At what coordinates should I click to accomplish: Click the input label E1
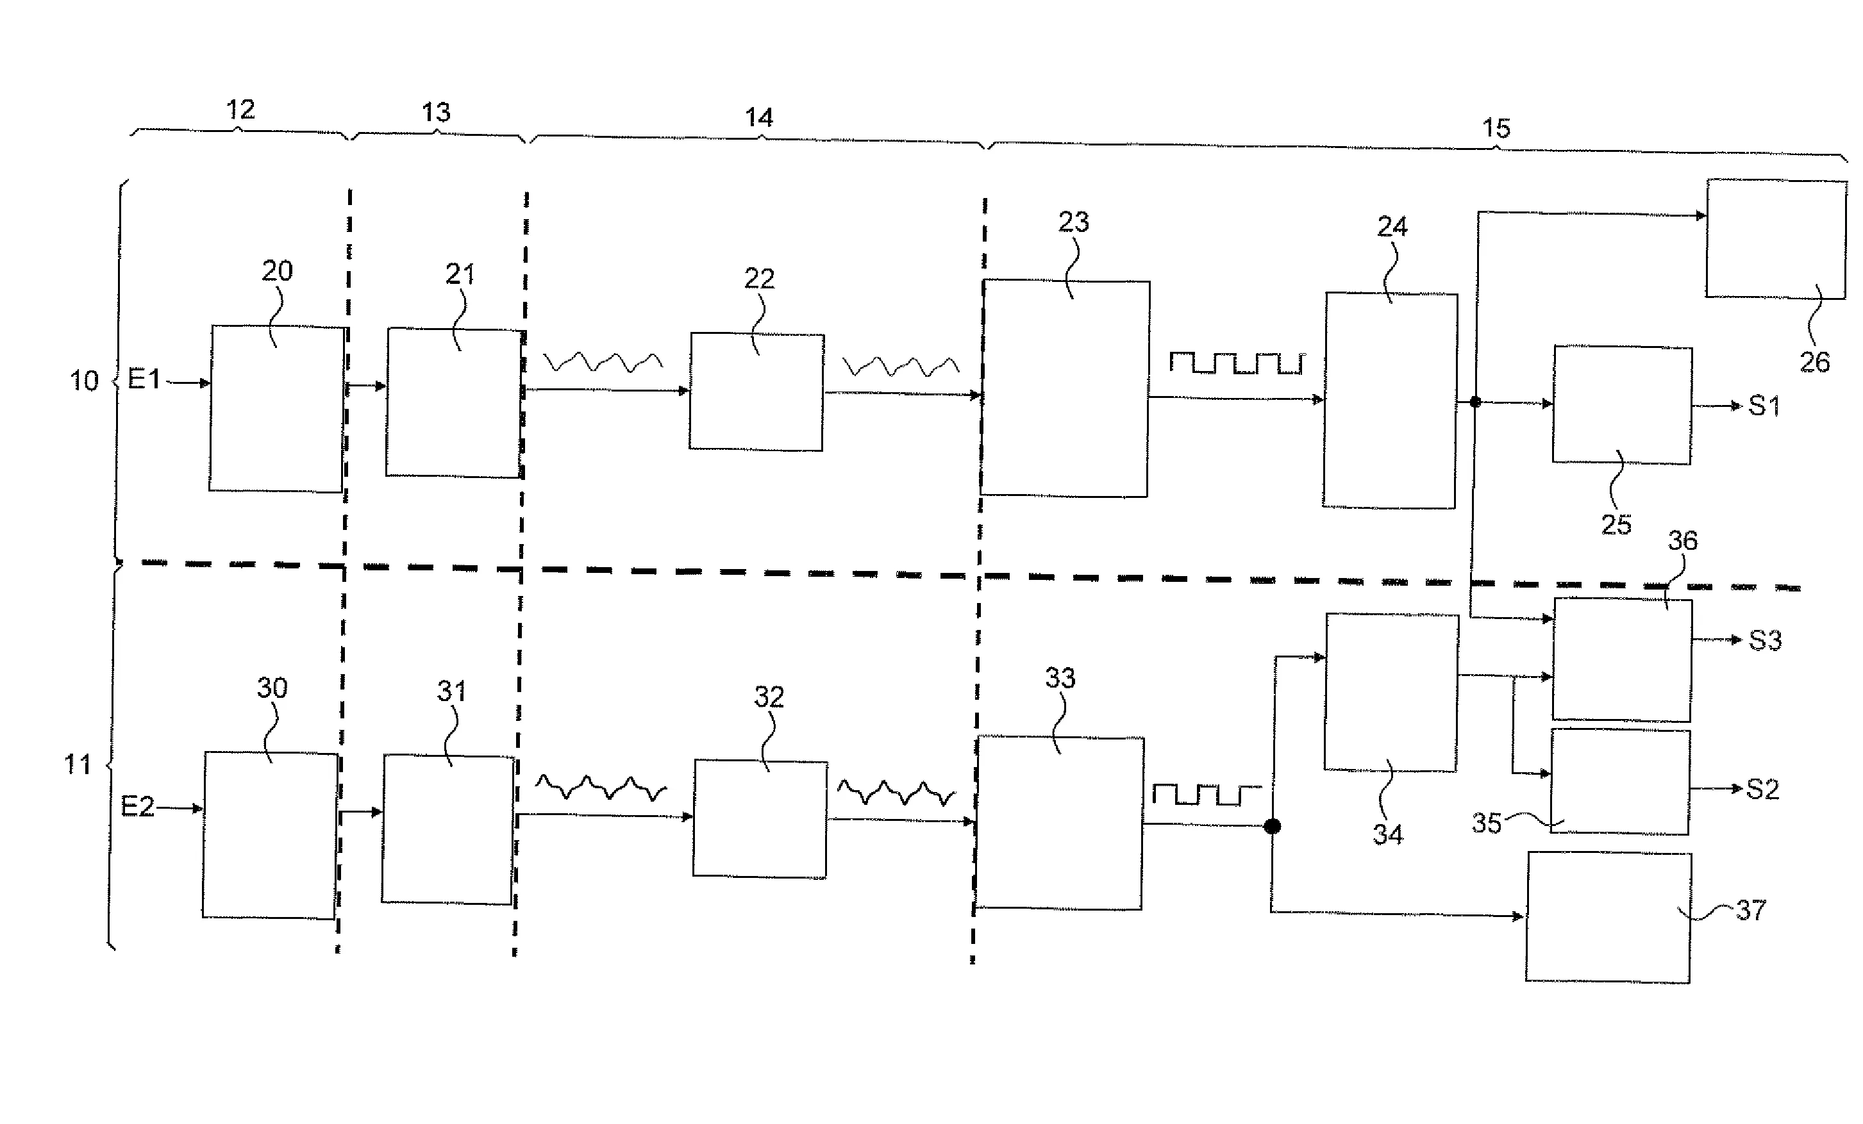(x=144, y=379)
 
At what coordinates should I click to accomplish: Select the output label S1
(x=1764, y=407)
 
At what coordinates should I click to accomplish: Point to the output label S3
(x=1765, y=641)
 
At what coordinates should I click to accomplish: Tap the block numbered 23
(x=1065, y=388)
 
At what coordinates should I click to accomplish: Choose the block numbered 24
(x=1391, y=401)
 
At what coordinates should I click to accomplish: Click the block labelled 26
(x=1776, y=239)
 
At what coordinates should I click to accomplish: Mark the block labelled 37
(x=1608, y=917)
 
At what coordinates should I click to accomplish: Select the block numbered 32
(x=760, y=818)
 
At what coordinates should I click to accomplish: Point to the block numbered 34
(x=1391, y=692)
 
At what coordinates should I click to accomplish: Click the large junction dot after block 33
(x=1273, y=826)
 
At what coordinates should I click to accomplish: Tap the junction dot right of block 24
(x=1475, y=402)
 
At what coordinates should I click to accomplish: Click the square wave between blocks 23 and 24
(x=1236, y=363)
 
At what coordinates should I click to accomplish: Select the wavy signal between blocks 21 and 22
(x=603, y=362)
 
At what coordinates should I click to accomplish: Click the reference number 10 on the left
(x=84, y=380)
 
